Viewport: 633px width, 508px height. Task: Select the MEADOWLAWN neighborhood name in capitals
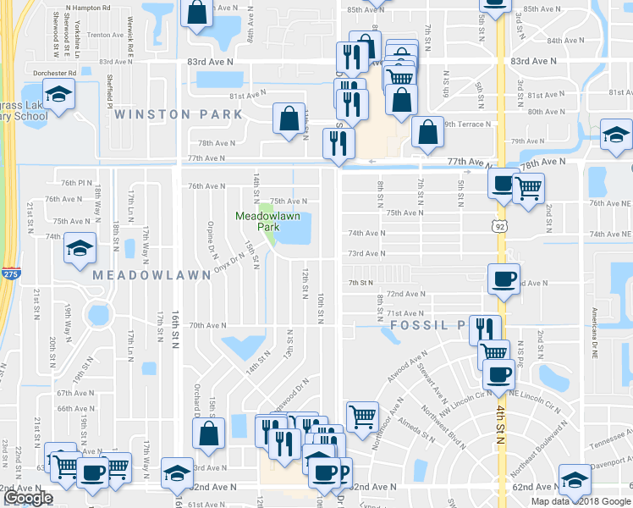pyautogui.click(x=139, y=276)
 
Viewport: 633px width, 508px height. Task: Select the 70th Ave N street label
pyautogui.click(x=207, y=325)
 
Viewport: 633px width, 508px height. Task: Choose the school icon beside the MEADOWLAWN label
pyautogui.click(x=80, y=248)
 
